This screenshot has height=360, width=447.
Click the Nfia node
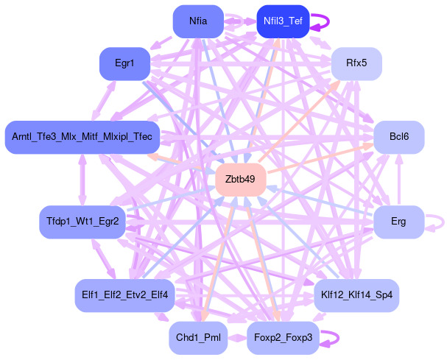tap(198, 21)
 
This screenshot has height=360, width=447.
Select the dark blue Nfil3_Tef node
tap(283, 21)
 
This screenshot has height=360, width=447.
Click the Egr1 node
tap(124, 64)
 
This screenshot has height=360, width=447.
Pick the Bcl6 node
tap(399, 137)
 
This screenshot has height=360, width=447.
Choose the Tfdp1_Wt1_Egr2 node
tap(82, 222)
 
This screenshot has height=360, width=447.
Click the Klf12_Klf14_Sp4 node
tap(356, 295)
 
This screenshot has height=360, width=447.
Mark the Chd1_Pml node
tap(198, 338)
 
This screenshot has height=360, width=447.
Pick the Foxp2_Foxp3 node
tap(283, 338)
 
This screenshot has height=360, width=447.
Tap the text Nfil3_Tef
tap(283, 21)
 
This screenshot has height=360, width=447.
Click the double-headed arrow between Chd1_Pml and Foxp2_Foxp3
tap(237, 338)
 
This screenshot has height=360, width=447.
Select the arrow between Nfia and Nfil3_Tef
tap(240, 21)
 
